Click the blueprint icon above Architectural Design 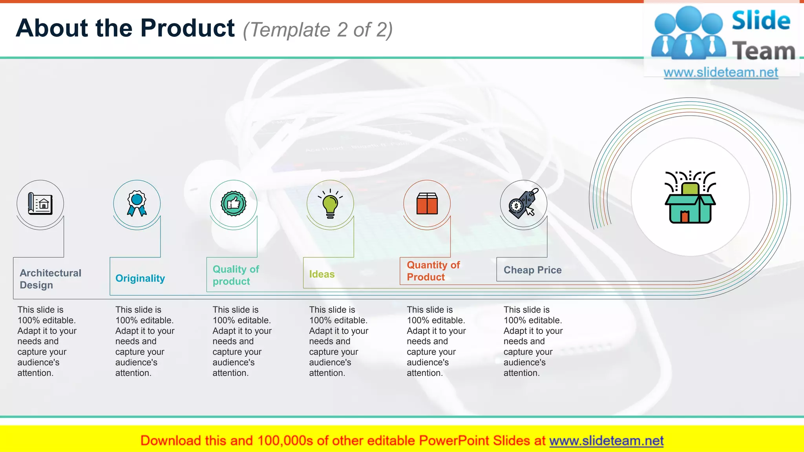[x=40, y=204]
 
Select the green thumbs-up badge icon [x=234, y=203]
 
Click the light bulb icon [x=330, y=204]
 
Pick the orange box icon [x=427, y=204]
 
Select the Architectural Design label [x=51, y=279]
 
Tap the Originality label [x=140, y=278]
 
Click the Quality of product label [x=236, y=275]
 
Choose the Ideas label [x=322, y=274]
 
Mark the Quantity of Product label [x=433, y=271]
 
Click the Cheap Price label [x=532, y=270]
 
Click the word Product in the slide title [x=188, y=28]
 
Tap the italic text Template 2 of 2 [x=318, y=30]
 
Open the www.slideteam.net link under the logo [x=721, y=73]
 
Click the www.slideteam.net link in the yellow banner [x=606, y=441]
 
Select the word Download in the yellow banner [x=171, y=441]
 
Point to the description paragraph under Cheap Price [x=533, y=341]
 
